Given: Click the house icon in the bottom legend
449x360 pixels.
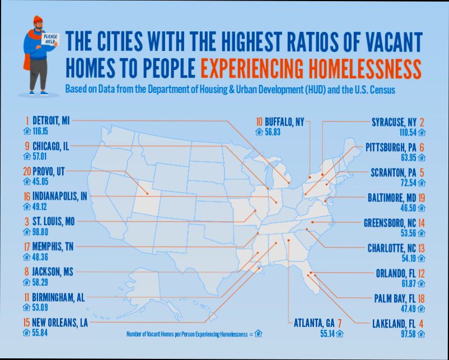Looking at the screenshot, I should point(258,334).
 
